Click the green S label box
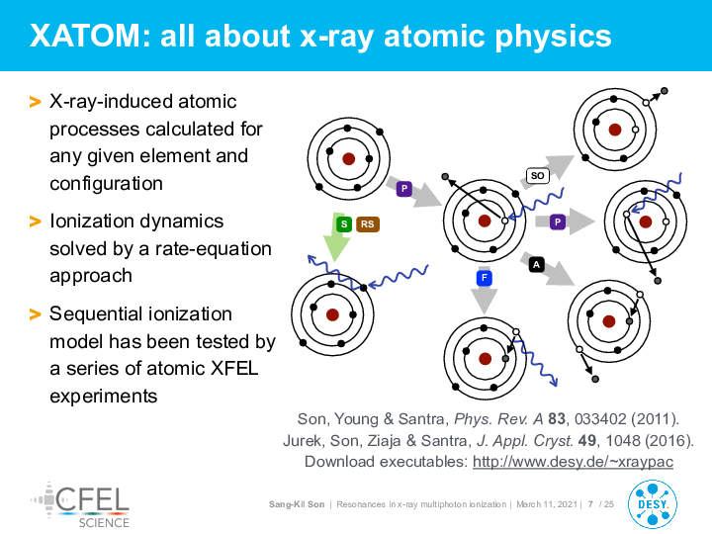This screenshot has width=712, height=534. point(344,223)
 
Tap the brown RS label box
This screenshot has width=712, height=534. point(367,223)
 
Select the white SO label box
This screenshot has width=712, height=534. point(537,176)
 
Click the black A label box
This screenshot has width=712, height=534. point(536,265)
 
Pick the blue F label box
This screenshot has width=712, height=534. point(484,278)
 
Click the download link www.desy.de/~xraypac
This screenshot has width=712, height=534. point(573,462)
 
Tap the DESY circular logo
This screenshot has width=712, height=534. point(652,505)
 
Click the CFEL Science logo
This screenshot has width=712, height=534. point(80,505)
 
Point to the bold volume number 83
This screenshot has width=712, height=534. point(556,418)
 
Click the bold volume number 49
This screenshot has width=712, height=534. point(587,440)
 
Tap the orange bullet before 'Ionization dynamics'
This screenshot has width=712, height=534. point(35,222)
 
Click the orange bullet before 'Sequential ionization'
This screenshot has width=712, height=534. point(35,314)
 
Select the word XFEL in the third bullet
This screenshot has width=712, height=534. point(234,368)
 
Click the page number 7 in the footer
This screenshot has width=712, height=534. point(590,504)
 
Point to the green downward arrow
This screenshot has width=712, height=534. point(335,237)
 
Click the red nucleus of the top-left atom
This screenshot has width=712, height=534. point(348,159)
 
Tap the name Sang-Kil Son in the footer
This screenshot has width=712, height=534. point(297,504)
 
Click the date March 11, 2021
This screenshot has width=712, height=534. point(547,504)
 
